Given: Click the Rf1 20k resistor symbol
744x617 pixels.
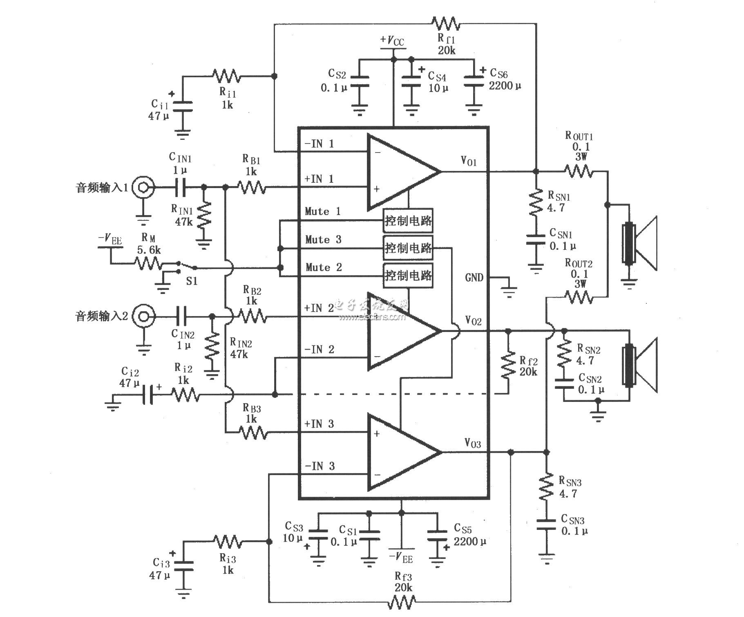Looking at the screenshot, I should pyautogui.click(x=446, y=24).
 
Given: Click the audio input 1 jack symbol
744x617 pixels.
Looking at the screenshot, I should pyautogui.click(x=143, y=187).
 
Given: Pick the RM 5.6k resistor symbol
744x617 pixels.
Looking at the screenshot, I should pyautogui.click(x=148, y=263).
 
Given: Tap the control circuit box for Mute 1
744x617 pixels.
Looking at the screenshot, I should pyautogui.click(x=408, y=221).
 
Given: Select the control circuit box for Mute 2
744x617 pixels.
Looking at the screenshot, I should pyautogui.click(x=408, y=276).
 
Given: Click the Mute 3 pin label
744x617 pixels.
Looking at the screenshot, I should pyautogui.click(x=323, y=240).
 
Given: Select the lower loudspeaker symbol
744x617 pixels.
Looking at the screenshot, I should pyautogui.click(x=639, y=365).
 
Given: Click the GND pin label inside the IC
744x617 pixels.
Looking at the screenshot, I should pyautogui.click(x=474, y=278).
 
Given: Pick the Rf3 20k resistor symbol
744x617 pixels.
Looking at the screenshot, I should pyautogui.click(x=402, y=601).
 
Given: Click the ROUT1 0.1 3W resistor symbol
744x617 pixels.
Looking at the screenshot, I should pyautogui.click(x=579, y=171).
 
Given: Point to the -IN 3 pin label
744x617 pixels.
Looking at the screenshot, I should pyautogui.click(x=319, y=466).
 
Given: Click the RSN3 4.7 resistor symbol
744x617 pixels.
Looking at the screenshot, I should pyautogui.click(x=546, y=487).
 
